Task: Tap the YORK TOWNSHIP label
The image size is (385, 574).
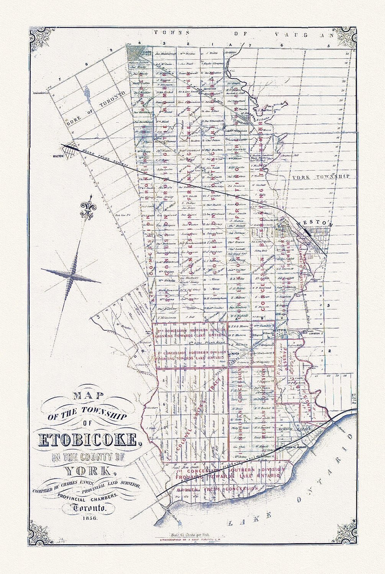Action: (x=321, y=177)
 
